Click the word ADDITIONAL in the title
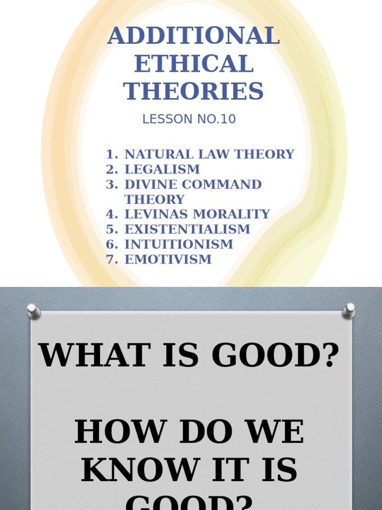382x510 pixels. (x=193, y=37)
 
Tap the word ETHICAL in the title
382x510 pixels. (x=193, y=64)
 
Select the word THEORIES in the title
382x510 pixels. (x=193, y=92)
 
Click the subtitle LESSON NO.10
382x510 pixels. (x=189, y=120)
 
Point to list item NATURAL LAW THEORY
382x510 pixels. (x=209, y=154)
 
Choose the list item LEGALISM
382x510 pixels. (x=162, y=169)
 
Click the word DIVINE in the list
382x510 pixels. (x=151, y=184)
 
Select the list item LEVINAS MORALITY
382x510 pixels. (x=197, y=214)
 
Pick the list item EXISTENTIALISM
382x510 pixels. (x=188, y=229)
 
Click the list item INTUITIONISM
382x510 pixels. (x=179, y=244)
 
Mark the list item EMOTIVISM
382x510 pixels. (x=168, y=259)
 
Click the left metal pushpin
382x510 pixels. (x=34, y=312)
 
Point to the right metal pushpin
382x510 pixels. (x=349, y=311)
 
